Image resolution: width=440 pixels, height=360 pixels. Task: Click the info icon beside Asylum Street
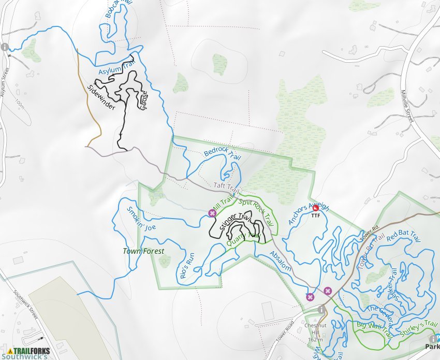[5, 47]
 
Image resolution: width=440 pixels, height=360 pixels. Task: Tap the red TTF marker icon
[316, 208]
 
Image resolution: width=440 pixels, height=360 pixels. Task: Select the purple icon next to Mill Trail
[211, 213]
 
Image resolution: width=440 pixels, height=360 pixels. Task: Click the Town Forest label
[143, 251]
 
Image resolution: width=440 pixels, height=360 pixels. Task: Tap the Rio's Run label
[187, 266]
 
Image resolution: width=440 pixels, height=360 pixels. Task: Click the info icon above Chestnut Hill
[322, 309]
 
